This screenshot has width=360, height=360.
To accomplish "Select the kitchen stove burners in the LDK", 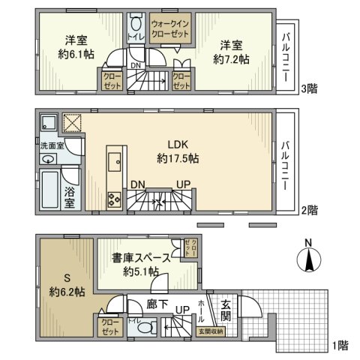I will (x=115, y=200).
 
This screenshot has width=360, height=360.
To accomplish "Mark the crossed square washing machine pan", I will (x=71, y=124).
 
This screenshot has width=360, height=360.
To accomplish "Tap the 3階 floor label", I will (x=309, y=88).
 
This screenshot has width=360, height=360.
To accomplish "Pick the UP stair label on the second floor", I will (x=182, y=184).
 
